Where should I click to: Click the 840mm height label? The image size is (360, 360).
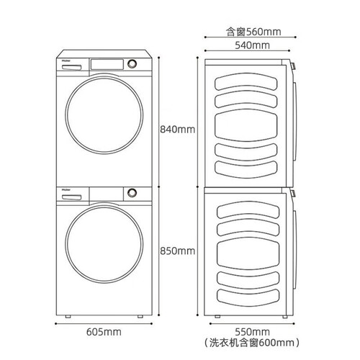[x=177, y=130]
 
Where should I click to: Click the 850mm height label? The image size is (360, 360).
[x=177, y=251]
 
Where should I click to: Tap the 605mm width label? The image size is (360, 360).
[x=104, y=332]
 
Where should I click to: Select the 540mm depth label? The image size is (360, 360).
[x=252, y=45]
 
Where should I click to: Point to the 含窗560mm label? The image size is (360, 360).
[x=253, y=32]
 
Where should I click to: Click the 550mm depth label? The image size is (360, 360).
[x=252, y=332]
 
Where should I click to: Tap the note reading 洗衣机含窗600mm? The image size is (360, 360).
[x=252, y=343]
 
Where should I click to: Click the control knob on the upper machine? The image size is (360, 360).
[x=132, y=64]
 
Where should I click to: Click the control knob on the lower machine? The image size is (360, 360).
[x=132, y=193]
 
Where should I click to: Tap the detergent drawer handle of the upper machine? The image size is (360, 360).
[x=71, y=68]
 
